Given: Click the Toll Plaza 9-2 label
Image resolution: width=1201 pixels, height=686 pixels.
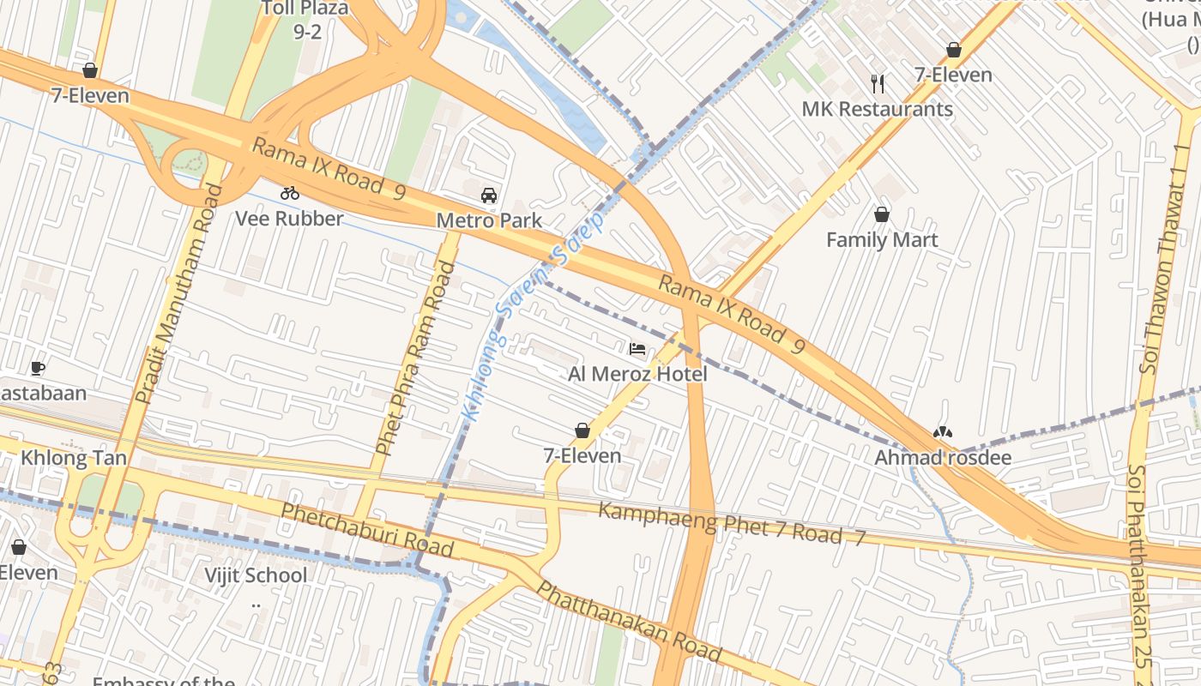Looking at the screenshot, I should click(x=305, y=19).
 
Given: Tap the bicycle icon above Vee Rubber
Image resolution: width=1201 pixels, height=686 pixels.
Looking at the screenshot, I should click(x=290, y=193).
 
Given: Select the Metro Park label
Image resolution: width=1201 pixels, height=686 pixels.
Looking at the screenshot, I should click(x=489, y=220).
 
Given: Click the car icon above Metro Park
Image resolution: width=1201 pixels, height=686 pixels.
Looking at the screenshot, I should click(x=489, y=196).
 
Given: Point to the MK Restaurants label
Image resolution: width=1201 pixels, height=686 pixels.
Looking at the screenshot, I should click(x=877, y=109).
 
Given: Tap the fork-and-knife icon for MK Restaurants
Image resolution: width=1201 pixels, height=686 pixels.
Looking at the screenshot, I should click(x=877, y=83).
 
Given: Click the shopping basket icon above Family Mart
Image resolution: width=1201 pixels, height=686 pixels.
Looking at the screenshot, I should click(x=881, y=214).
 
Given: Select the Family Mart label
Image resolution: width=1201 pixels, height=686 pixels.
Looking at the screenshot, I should click(x=882, y=240).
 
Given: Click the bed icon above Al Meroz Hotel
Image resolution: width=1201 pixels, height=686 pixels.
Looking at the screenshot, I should click(x=637, y=349).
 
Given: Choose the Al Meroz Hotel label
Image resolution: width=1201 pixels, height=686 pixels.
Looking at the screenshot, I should click(x=637, y=374).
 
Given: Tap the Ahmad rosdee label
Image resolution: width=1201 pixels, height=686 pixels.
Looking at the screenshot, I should click(x=942, y=458).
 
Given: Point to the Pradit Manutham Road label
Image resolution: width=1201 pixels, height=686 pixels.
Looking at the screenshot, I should click(x=179, y=294).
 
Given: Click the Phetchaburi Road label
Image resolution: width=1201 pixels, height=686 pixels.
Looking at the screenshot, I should click(x=367, y=529).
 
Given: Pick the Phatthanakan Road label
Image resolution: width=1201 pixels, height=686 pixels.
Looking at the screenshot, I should click(x=628, y=622).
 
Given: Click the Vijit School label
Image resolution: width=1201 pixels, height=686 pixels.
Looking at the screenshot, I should click(x=256, y=575).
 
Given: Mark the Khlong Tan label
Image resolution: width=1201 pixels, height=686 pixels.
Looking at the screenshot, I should click(x=74, y=457).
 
